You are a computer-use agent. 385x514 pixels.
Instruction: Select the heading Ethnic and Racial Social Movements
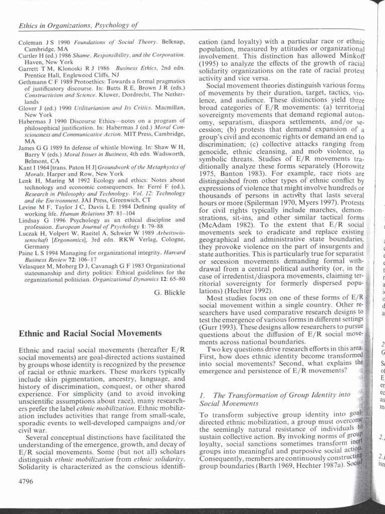(90, 333)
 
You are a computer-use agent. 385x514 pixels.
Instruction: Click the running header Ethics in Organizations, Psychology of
(78, 25)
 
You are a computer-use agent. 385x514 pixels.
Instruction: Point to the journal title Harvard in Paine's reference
(174, 252)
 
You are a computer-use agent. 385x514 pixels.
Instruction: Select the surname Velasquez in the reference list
(36, 266)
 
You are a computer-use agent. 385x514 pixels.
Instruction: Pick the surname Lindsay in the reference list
(32, 219)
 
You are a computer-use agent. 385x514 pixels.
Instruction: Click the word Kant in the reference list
(26, 167)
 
